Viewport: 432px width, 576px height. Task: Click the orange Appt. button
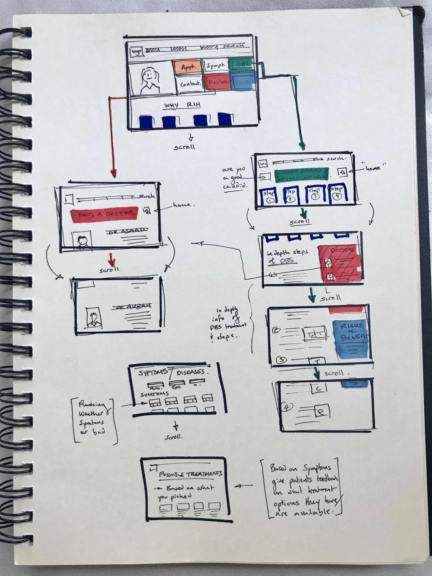point(188,67)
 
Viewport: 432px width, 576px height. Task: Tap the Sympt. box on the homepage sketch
point(215,65)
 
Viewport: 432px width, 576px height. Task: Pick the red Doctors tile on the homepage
point(218,82)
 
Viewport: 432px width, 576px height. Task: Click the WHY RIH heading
point(182,105)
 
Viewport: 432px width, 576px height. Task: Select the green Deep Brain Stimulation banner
point(302,175)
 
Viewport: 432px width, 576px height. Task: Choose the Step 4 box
point(336,194)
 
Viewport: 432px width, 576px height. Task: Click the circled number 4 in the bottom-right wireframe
point(287,408)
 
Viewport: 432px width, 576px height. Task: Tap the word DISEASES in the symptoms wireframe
point(191,372)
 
